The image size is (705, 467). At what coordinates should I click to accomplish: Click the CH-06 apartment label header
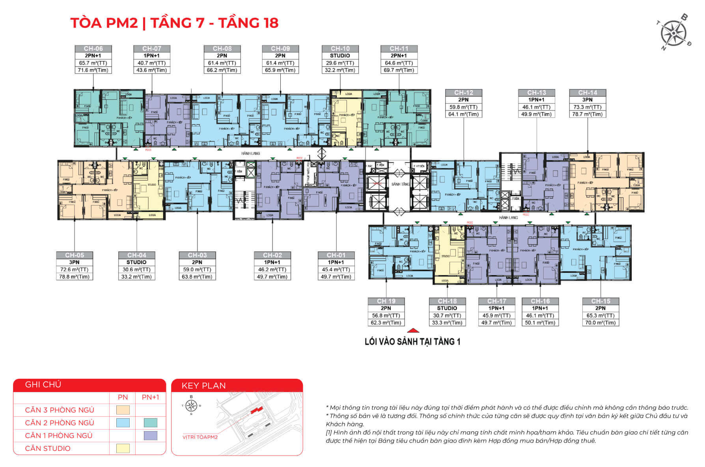93,48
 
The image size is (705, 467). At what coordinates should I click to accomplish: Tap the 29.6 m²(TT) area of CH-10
340,63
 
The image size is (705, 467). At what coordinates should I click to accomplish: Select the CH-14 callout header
587,93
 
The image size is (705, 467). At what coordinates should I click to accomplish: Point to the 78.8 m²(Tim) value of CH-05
74,277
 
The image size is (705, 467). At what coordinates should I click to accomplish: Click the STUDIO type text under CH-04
136,262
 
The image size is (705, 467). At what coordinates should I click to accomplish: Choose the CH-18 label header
447,301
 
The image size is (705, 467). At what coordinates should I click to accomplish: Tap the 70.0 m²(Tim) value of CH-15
601,322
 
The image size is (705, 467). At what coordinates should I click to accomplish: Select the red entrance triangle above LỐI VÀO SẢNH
412,331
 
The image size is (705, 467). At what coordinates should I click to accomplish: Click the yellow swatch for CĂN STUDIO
123,448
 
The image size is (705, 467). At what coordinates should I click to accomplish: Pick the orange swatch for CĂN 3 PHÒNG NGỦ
123,410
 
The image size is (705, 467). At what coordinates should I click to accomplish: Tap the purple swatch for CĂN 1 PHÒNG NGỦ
150,435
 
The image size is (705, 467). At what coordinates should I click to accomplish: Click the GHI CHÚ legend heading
43,385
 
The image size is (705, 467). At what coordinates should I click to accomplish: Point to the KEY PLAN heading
203,385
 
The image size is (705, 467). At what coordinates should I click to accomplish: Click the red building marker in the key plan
256,411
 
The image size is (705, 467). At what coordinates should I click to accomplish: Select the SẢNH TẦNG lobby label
400,184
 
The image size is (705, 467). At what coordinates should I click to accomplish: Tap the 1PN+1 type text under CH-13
536,100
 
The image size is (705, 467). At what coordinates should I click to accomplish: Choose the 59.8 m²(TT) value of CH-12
463,107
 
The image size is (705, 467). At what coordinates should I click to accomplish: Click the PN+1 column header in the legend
150,397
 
